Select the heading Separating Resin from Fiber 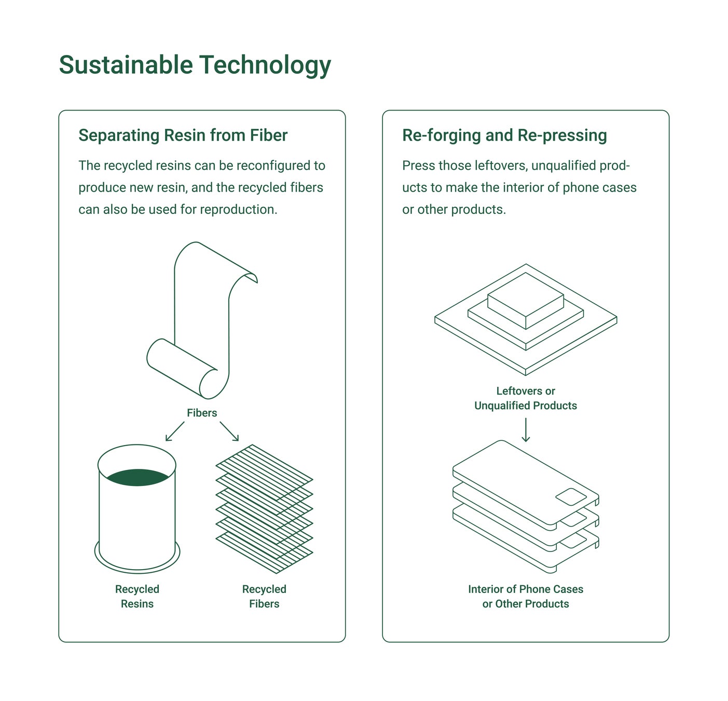[183, 136]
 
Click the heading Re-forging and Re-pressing [504, 136]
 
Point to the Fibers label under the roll [202, 413]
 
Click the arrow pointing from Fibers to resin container [175, 432]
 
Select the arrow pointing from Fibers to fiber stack [229, 432]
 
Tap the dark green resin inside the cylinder [138, 477]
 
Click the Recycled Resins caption [137, 596]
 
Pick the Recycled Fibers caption [264, 596]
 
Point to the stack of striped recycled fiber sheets [264, 509]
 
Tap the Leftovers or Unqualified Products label [526, 398]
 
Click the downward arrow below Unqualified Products [526, 430]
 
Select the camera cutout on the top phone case [571, 497]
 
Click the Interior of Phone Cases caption [526, 596]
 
